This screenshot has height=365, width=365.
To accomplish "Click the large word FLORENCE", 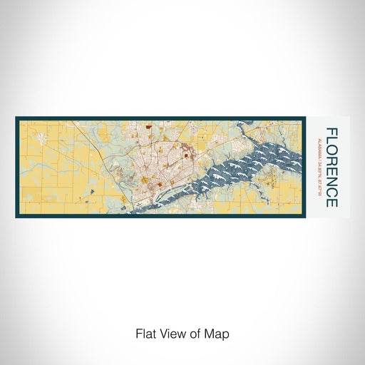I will [x=331, y=167].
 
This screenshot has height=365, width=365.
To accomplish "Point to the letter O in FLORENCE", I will [x=331, y=149].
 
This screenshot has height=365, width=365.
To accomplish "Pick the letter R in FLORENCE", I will [x=331, y=160].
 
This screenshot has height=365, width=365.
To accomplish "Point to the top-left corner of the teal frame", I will [x=15, y=117].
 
